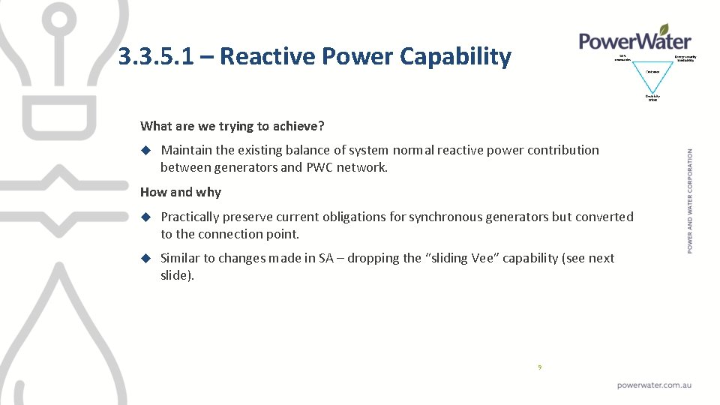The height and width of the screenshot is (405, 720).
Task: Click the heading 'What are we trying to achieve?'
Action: coord(232,125)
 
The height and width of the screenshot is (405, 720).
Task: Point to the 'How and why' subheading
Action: coord(181,192)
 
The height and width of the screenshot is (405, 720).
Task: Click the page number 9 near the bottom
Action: coord(539,367)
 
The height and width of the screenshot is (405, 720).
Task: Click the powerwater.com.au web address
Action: coord(654,385)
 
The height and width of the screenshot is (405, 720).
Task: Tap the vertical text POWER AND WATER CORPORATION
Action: coord(690,200)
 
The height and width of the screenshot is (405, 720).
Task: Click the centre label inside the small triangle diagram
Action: coord(652,71)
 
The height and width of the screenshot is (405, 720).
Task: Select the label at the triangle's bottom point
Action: coord(652,97)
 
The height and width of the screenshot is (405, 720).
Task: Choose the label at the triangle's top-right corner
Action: coord(685,58)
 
